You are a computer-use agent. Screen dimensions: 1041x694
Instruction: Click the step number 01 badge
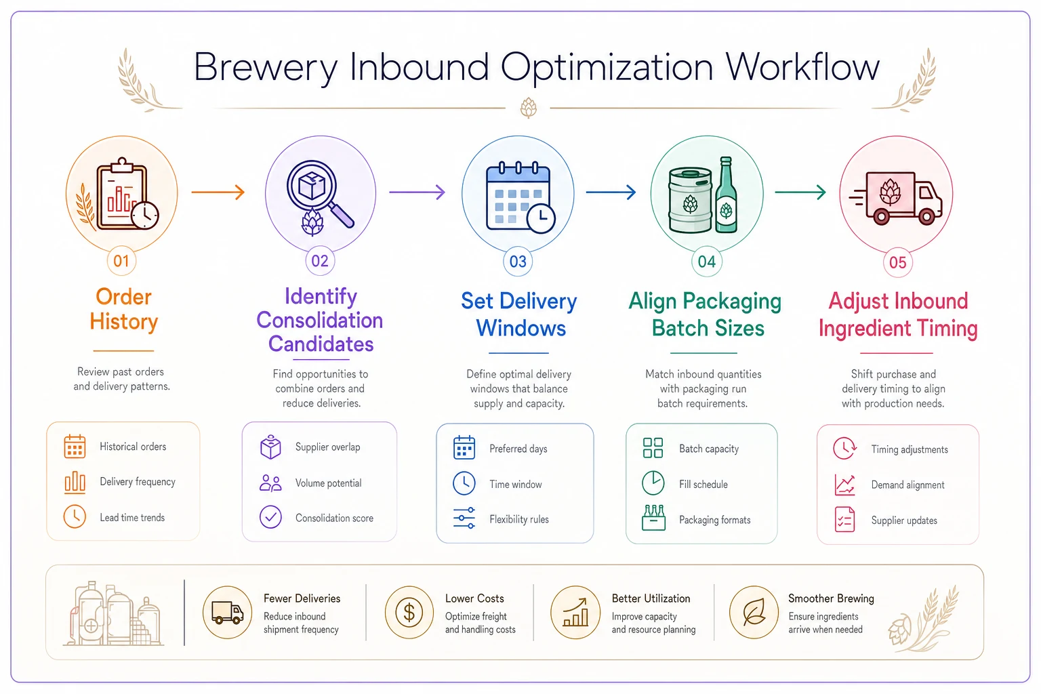pos(121,261)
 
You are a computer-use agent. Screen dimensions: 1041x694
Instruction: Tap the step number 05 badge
pos(897,262)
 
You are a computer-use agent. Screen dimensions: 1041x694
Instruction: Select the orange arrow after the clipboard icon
pos(218,192)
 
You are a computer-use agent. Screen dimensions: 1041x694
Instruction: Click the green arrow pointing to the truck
pos(800,192)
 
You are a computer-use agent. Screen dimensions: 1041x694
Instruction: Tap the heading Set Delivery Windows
pos(519,314)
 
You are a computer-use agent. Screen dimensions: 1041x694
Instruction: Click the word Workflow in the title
pos(802,67)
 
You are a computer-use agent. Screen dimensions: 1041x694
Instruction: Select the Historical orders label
pos(133,446)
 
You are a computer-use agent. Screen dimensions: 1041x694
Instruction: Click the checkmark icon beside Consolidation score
pos(270,517)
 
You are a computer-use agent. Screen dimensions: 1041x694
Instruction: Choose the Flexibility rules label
pos(519,519)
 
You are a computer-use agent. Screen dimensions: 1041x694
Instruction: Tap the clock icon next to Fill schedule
pos(653,483)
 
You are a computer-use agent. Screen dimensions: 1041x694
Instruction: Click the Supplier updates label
pos(904,520)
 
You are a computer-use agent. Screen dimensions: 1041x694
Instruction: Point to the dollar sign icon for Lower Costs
pos(409,612)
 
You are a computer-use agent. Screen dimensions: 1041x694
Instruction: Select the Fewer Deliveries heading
pos(302,598)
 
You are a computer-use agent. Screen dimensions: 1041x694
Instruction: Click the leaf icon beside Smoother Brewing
pos(754,612)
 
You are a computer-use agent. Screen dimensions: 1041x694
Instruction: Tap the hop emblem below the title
pos(528,108)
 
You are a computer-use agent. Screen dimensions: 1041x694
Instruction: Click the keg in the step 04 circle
pos(690,201)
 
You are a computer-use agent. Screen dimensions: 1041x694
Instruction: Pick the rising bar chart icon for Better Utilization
pos(575,612)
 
